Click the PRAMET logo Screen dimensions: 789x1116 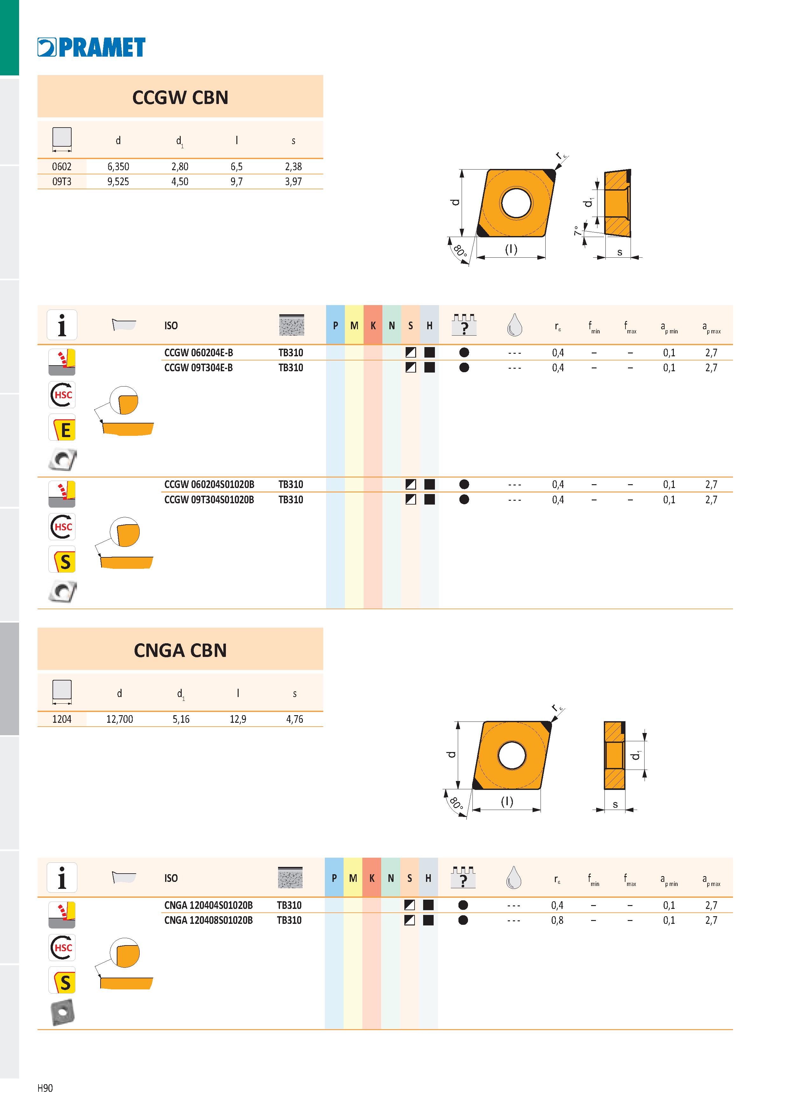91,47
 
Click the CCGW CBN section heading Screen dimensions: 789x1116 180,97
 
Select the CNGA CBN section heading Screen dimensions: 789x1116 180,650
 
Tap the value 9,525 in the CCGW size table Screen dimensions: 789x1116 118,182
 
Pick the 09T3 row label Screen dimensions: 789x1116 62,182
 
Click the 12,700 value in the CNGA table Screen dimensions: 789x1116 120,719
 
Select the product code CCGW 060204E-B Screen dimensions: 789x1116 198,352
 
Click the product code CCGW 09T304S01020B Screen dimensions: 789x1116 209,500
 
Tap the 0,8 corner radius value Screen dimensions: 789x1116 558,920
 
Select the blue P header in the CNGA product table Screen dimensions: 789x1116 334,878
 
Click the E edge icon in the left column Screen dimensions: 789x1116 62,428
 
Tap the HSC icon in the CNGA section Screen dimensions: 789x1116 62,948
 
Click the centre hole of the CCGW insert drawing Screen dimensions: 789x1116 517,202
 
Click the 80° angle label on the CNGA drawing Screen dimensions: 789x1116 456,803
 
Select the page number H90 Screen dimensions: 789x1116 45,1088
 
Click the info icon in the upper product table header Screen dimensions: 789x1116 62,325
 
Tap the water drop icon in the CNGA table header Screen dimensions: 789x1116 513,877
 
